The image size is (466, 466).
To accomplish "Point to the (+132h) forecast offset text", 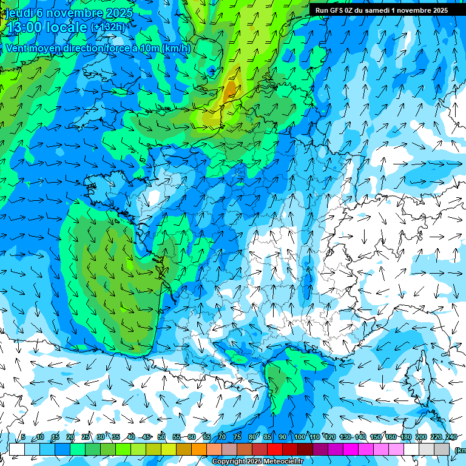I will coord(107,27).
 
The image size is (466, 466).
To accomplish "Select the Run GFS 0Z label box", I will coord(381,10).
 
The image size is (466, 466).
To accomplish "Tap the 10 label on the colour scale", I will coord(39,437).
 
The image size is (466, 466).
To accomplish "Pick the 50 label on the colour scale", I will coord(161,437).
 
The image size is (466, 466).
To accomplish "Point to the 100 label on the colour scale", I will coord(299,437).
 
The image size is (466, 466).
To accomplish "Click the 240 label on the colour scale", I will coord(451,437).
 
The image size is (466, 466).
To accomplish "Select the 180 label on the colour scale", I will coord(405,437).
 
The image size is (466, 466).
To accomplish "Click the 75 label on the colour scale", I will coord(237,437).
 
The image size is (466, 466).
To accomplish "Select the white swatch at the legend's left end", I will coord(17,450).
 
